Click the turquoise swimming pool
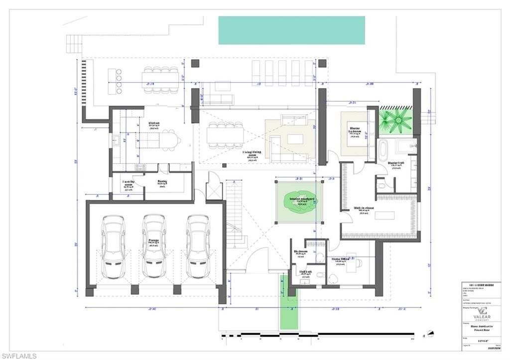tap(291, 30)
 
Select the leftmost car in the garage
tap(113, 246)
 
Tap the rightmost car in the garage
tap(198, 246)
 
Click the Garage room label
tap(153, 241)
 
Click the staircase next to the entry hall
tap(236, 214)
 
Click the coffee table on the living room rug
tap(295, 139)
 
